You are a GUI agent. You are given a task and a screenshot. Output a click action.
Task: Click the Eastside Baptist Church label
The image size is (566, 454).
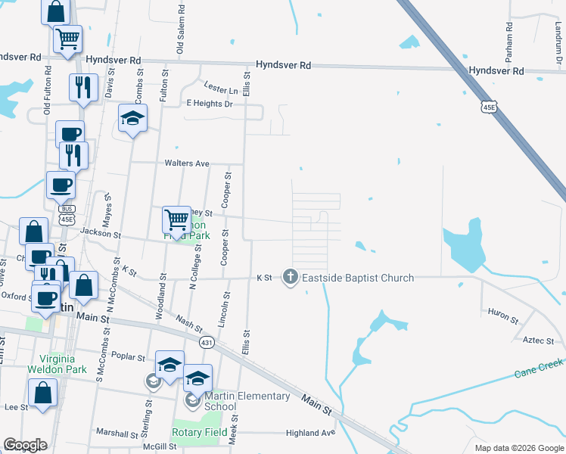pyautogui.click(x=358, y=278)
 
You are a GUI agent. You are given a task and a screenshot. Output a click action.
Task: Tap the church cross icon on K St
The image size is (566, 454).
pyautogui.click(x=290, y=278)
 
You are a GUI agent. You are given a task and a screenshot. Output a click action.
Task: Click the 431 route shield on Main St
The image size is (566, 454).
pyautogui.click(x=206, y=342)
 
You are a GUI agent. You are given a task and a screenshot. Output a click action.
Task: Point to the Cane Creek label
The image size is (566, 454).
pyautogui.click(x=540, y=368)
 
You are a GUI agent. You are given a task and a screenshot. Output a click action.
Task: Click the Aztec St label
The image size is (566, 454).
pyautogui.click(x=539, y=340)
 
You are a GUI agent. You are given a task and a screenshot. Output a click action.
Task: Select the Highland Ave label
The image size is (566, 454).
pyautogui.click(x=310, y=433)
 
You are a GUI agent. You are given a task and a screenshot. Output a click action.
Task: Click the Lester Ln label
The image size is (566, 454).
pyautogui.click(x=221, y=89)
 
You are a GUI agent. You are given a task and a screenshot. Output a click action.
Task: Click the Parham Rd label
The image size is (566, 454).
pyautogui.click(x=509, y=42)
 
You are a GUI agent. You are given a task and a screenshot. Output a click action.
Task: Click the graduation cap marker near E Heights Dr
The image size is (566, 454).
pyautogui.click(x=133, y=118)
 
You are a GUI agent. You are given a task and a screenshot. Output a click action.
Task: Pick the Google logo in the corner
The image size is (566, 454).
pyautogui.click(x=25, y=445)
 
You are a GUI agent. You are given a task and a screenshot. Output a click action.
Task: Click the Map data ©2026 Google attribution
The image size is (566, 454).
pyautogui.click(x=518, y=448)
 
